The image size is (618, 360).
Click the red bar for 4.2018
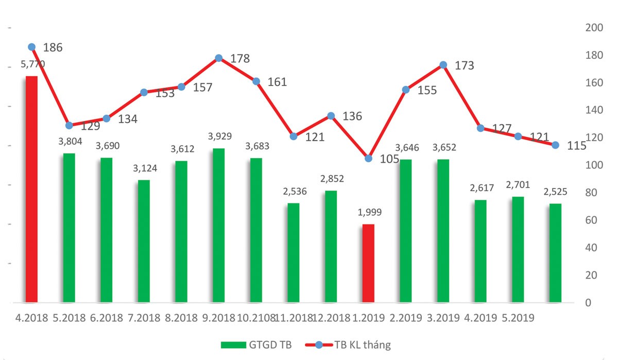31,189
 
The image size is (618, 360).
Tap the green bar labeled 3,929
218,225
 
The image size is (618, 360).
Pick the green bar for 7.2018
144,241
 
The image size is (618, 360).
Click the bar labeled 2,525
555,252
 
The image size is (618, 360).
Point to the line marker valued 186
31,47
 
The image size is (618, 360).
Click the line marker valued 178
218,58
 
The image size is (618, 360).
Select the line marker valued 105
368,158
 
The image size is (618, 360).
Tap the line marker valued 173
443,65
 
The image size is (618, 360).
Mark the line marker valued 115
555,145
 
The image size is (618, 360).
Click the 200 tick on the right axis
594,28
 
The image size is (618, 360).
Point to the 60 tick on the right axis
591,220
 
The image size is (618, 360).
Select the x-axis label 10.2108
256,318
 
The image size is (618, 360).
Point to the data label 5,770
32,64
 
